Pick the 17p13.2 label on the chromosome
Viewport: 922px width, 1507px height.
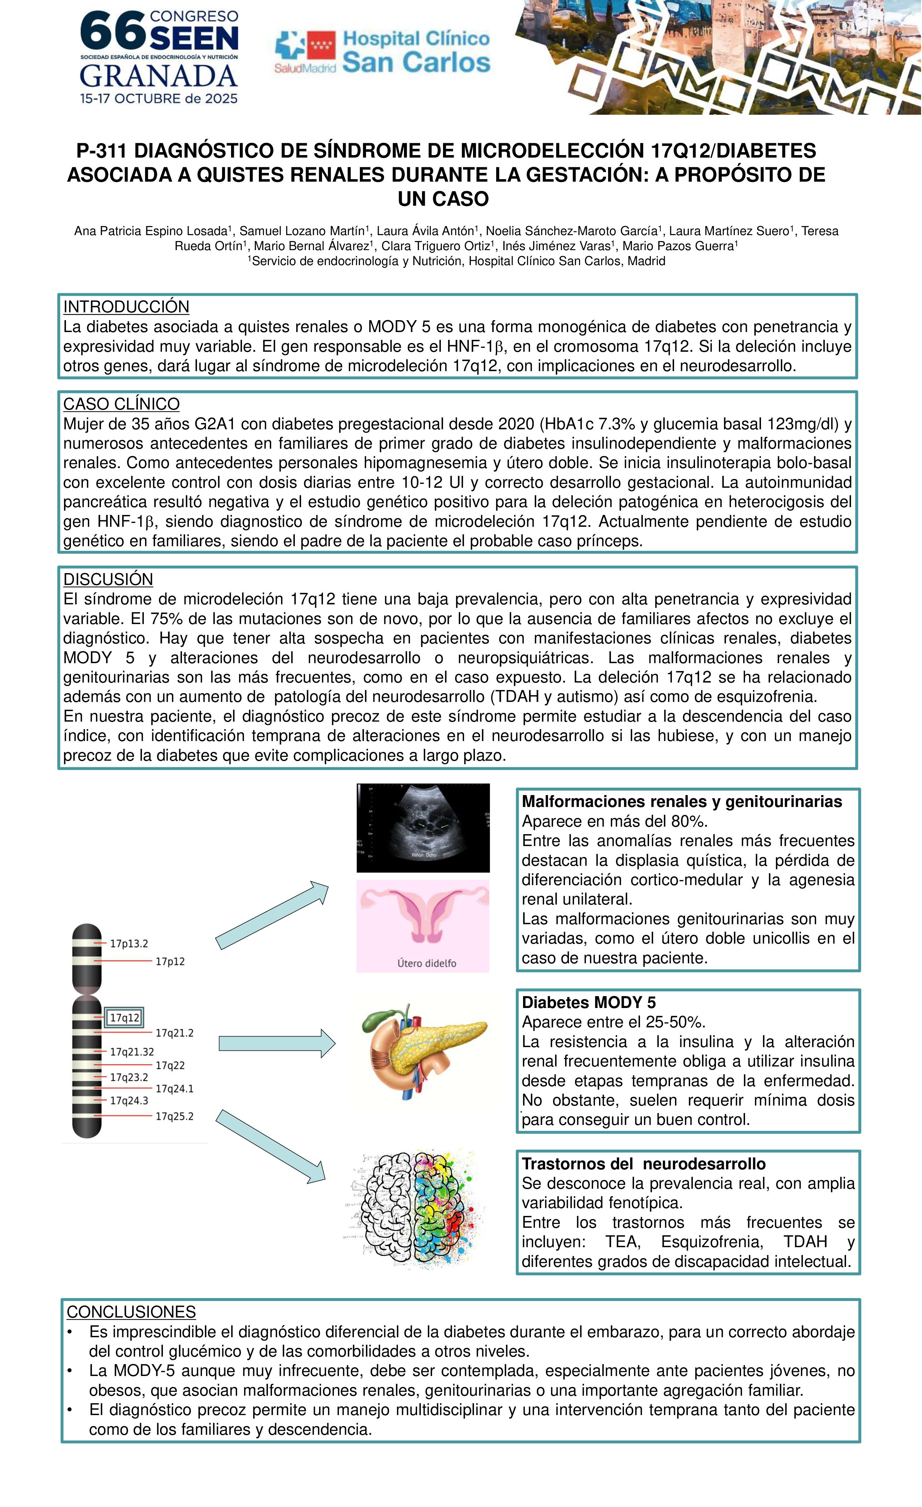coord(129,944)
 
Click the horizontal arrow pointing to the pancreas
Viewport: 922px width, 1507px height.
coord(276,1043)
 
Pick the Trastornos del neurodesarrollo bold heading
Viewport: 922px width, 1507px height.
coord(643,1164)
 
